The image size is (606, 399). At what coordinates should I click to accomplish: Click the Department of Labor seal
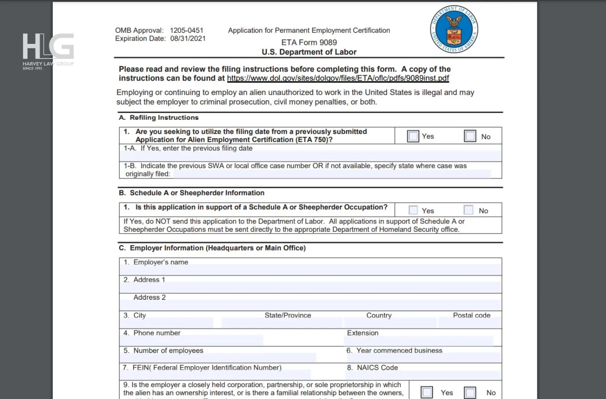454,30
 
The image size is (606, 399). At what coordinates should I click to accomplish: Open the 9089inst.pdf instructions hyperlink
338,78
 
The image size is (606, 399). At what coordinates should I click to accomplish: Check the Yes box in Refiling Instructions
413,136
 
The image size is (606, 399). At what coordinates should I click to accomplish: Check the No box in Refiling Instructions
470,136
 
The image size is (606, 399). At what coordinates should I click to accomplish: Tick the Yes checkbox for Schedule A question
413,210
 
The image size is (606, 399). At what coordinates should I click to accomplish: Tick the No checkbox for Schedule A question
468,210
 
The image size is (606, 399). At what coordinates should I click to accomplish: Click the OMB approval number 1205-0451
186,30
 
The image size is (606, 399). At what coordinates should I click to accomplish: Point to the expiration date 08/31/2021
188,39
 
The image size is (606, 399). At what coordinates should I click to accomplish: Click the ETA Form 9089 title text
309,43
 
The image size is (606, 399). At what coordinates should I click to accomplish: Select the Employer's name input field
311,270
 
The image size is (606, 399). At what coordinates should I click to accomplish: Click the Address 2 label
150,297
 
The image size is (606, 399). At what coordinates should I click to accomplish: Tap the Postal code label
471,315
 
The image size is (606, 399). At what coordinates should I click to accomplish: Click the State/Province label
287,315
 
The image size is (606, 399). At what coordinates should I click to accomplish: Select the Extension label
362,333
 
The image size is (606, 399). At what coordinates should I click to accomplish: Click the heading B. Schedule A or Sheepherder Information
192,193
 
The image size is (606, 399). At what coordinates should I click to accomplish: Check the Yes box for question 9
427,392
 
